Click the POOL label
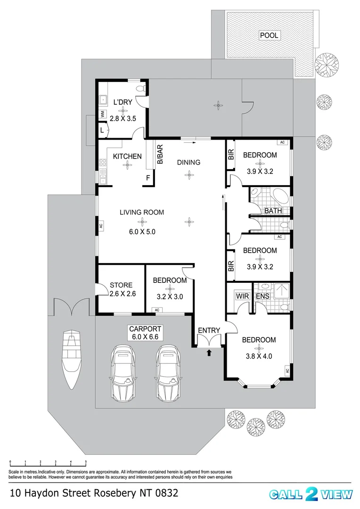pos(270,35)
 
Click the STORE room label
pos(121,285)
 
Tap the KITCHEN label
pos(127,156)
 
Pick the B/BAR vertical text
pos(160,154)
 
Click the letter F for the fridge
pos(148,178)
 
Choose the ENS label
pos(262,296)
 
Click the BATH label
pos(273,211)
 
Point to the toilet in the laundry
pos(139,88)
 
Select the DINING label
pos(188,162)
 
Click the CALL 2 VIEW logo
pos(311,494)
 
